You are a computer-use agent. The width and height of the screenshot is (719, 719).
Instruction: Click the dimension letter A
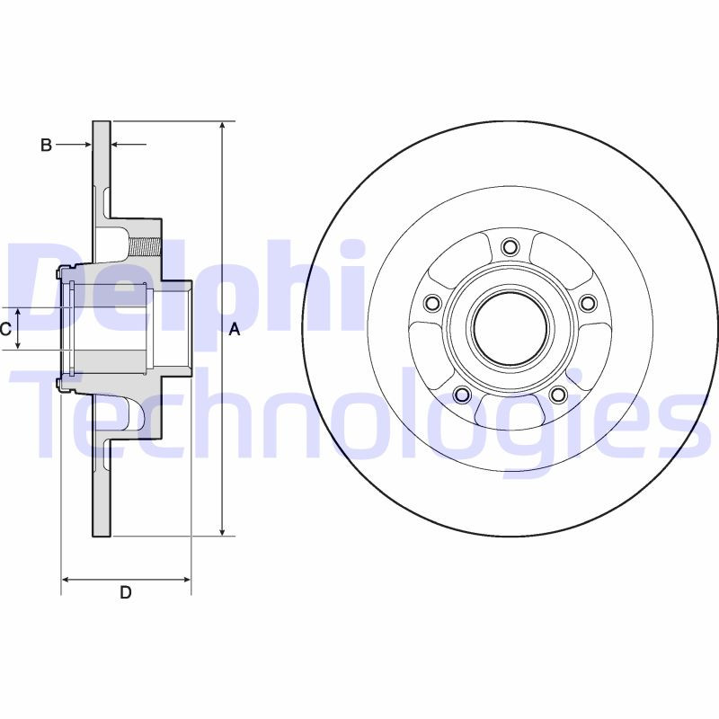click(x=235, y=330)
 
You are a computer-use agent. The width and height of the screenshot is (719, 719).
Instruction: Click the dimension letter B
click(x=47, y=145)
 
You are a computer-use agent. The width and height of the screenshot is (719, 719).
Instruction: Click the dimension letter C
click(x=5, y=329)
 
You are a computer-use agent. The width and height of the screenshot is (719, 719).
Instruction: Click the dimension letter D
click(x=126, y=592)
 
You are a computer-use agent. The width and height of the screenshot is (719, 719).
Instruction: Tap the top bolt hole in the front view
click(x=510, y=246)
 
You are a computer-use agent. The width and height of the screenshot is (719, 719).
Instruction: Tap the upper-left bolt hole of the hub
click(x=432, y=303)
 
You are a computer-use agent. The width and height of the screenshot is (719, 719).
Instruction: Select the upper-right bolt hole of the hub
click(x=588, y=303)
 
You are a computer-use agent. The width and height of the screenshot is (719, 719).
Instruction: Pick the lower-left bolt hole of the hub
click(x=462, y=395)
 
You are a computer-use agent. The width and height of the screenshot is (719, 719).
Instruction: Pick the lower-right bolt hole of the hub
click(x=558, y=395)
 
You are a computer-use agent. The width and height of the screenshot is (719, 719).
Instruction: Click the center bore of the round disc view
click(x=510, y=329)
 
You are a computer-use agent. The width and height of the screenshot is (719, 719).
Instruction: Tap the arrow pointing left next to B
click(x=116, y=144)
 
